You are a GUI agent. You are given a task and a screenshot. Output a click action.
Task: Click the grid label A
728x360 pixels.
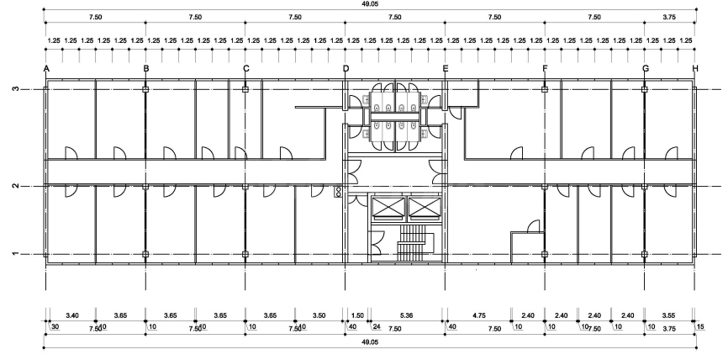[x=46, y=68]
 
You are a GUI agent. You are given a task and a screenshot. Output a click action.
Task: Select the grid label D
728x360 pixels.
[x=346, y=68]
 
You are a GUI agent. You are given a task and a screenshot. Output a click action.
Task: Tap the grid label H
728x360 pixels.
[x=695, y=68]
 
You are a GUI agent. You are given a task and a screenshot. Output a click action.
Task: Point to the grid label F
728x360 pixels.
[x=545, y=68]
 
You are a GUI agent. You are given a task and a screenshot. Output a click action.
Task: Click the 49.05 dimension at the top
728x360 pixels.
[x=371, y=4]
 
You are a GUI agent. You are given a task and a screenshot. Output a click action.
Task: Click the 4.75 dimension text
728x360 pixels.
[x=480, y=315]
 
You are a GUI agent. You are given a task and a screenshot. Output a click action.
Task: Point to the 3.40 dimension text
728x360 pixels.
[x=71, y=315]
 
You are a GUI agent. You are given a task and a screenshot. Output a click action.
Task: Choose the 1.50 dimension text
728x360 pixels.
[x=356, y=315]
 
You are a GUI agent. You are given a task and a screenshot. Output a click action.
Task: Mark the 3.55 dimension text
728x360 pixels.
[x=669, y=315]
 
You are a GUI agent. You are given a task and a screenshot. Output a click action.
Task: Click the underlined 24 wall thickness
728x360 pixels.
[x=377, y=326]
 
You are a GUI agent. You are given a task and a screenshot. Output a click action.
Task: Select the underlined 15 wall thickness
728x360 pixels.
[x=700, y=326]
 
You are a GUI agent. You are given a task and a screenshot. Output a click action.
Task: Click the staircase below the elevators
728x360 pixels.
[x=414, y=244]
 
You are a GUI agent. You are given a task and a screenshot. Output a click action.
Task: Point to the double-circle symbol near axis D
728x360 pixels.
[x=339, y=192]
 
